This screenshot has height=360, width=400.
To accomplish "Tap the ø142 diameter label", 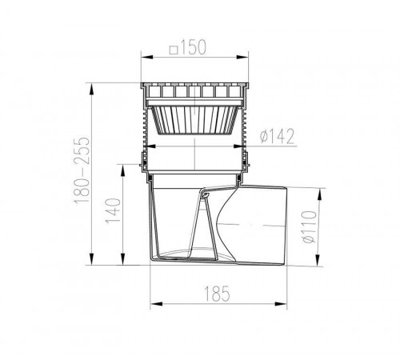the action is click(278, 136).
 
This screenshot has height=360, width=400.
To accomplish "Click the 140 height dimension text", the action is click(113, 210).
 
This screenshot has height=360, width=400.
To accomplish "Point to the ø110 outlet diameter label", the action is click(310, 226).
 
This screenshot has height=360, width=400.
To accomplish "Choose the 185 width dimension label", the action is click(217, 294).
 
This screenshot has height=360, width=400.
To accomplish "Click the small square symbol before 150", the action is click(174, 50).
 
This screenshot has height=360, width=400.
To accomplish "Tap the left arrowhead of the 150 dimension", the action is click(147, 57).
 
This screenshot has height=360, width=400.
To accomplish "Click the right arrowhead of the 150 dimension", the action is click(242, 57).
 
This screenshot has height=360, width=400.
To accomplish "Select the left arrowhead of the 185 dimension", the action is click(156, 304).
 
